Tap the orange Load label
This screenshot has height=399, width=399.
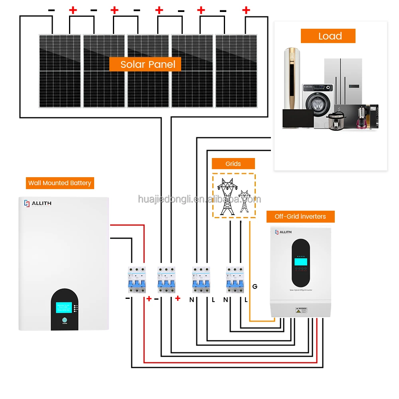point(328,36)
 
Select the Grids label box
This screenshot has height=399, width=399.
point(233,164)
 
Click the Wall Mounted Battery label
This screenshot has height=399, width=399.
point(60,183)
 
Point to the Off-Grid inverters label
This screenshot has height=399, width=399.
point(300,217)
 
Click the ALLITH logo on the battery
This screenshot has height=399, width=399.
point(38,203)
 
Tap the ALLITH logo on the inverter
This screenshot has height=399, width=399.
point(283,232)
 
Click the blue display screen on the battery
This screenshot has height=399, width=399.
point(64,307)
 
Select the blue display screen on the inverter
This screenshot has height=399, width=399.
point(300,262)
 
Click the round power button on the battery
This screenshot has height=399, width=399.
point(64,320)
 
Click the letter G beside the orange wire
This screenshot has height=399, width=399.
point(255,286)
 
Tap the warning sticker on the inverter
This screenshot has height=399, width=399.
point(301,310)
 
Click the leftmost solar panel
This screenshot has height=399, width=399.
point(60,71)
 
